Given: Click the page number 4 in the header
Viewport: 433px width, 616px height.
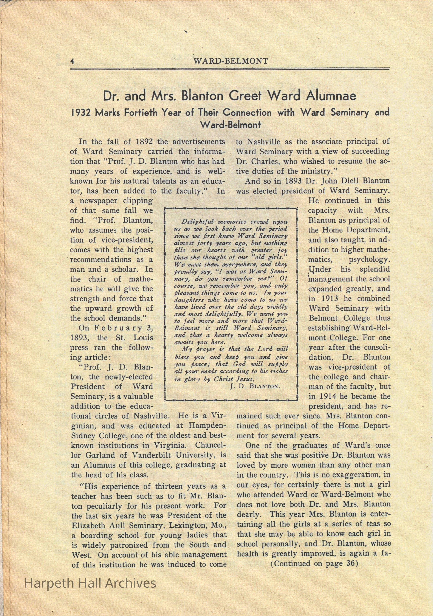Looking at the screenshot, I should click(x=72, y=61).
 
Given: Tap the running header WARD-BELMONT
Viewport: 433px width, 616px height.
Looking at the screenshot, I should click(x=230, y=61).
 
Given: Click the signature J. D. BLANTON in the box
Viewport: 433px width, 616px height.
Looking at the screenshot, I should click(x=255, y=386).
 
